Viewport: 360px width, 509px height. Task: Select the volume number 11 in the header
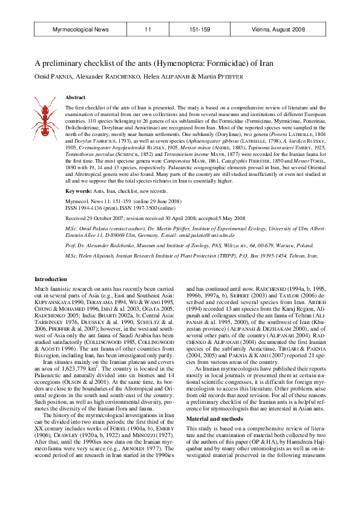tap(148, 29)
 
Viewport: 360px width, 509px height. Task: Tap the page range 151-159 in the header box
tap(200, 29)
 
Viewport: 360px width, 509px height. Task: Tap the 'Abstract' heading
tap(75, 97)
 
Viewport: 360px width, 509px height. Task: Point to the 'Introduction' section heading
tap(51, 279)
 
